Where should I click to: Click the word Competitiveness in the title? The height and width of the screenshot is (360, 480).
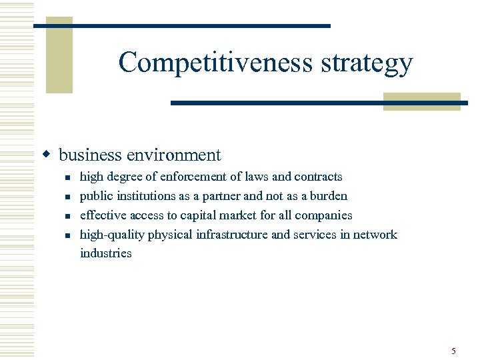coord(215,63)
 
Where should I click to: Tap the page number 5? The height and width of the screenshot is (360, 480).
coord(453,351)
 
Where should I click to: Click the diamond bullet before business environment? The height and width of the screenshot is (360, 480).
coord(47,155)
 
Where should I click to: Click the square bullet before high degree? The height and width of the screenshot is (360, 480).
coord(67,178)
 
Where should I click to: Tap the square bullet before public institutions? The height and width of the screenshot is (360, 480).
coord(67,197)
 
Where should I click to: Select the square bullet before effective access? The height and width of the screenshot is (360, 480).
coord(67,216)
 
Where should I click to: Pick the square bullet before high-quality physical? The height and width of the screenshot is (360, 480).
coord(67,235)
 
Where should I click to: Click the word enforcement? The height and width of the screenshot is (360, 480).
coord(191,177)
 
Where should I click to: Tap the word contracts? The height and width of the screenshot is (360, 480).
coord(318,177)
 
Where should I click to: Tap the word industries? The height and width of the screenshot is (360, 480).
coord(106,253)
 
